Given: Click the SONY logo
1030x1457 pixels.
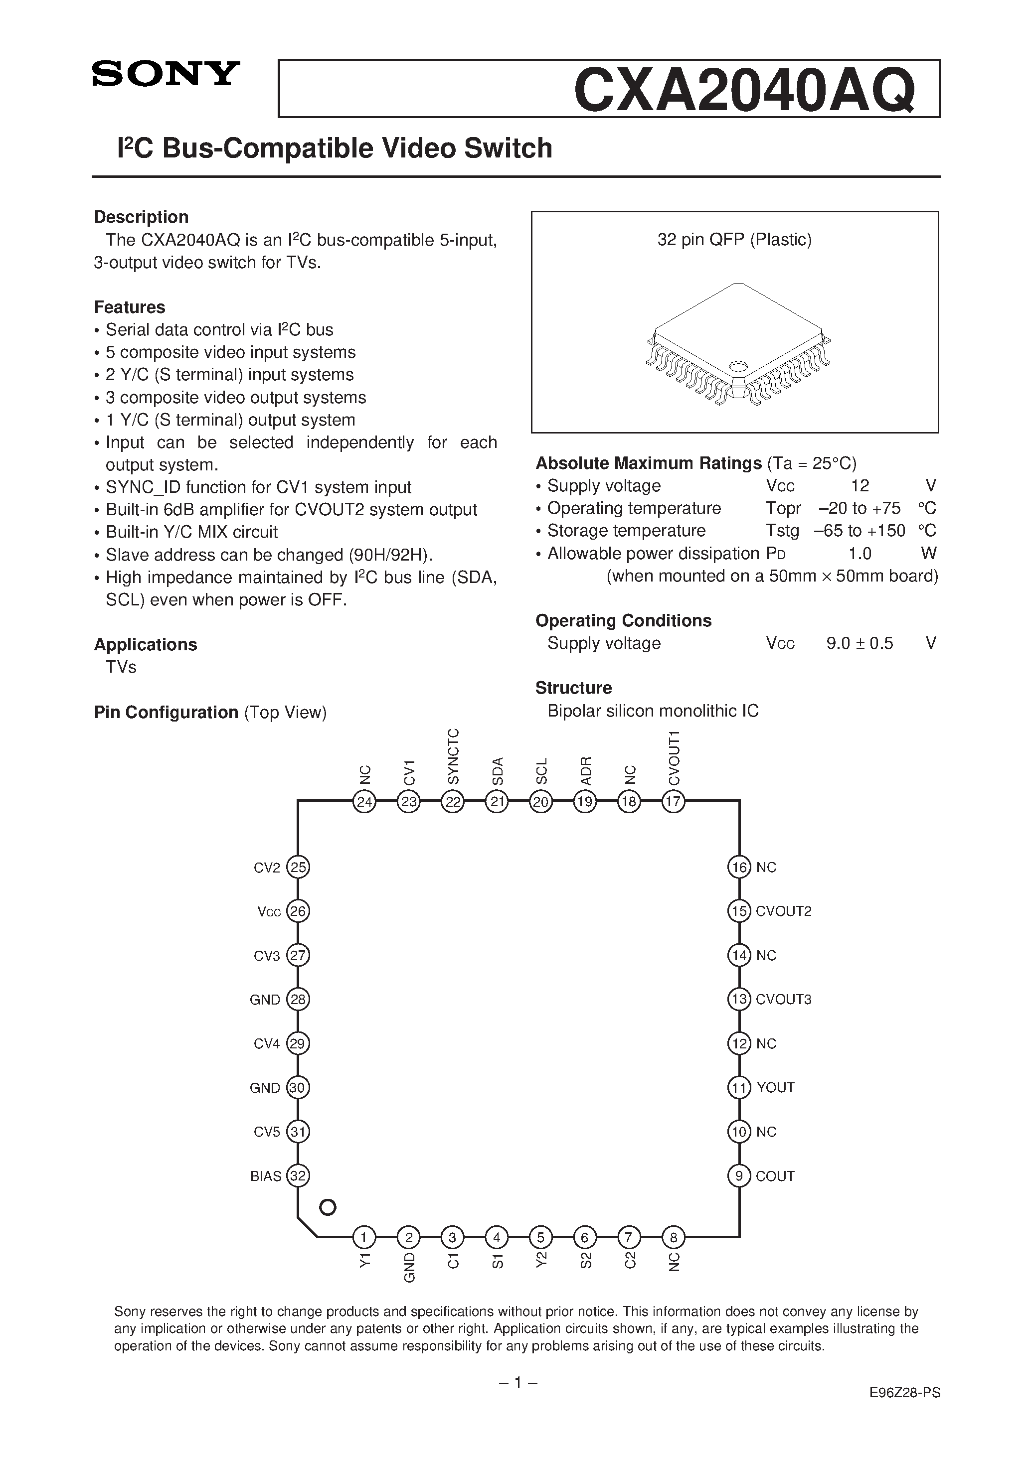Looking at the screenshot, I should point(166,74).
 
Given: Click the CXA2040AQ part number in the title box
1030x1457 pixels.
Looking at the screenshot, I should point(744,90).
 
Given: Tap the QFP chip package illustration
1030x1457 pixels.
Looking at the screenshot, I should point(737,346).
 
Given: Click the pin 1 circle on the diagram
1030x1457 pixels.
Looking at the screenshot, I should point(364,1237).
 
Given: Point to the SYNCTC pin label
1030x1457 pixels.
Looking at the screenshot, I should point(453,756).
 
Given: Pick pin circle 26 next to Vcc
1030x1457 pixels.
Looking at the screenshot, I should point(298,912).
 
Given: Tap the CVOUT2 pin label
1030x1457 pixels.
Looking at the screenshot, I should point(784,912).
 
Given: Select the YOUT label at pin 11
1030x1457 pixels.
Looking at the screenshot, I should point(775,1088).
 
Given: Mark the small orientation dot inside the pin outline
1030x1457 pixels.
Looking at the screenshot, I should point(327,1207).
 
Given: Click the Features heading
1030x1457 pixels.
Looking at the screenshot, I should point(130,307).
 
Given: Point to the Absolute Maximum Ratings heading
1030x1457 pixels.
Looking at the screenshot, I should point(648,463).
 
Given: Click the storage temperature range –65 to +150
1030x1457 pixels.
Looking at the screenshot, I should point(860,531).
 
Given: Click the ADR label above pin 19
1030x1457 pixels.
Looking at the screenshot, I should point(585,770).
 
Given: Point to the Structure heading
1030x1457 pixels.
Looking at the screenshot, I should point(573,688).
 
